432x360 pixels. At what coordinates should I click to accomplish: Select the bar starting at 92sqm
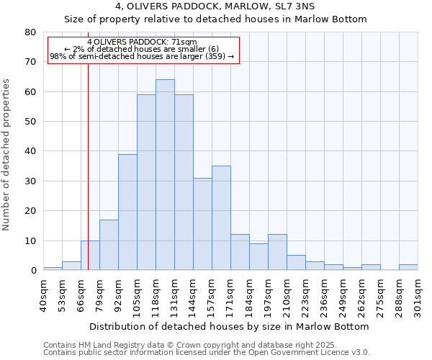127,212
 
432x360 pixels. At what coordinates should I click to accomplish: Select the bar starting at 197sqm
277,252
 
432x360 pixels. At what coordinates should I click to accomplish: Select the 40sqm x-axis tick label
44,294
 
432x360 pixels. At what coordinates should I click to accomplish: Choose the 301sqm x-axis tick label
418,294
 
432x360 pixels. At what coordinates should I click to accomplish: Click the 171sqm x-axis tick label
231,294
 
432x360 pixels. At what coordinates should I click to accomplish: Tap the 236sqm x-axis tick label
325,294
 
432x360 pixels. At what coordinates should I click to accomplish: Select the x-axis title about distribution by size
231,326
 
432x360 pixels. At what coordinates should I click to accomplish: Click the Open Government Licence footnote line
206,353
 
